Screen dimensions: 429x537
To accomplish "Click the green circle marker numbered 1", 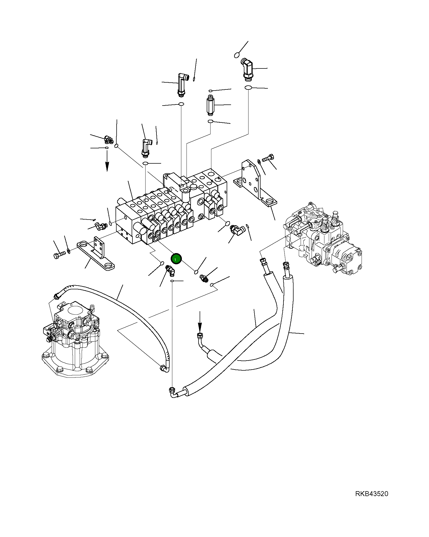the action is [176, 259].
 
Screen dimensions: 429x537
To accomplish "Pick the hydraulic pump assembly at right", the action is [322, 237].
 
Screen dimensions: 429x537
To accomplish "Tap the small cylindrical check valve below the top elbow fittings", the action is [210, 105].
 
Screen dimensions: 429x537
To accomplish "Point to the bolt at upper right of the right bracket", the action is [268, 158].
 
